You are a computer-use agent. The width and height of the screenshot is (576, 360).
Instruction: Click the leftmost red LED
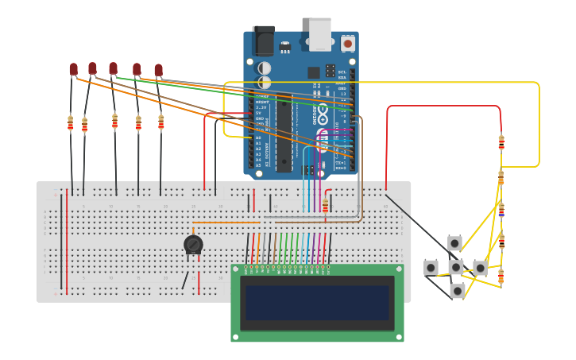pyautogui.click(x=73, y=70)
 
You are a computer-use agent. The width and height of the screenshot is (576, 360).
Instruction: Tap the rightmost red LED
pyautogui.click(x=159, y=71)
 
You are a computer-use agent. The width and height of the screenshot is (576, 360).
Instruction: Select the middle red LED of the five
pyautogui.click(x=113, y=68)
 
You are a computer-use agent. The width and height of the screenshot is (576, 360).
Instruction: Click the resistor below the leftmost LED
pyautogui.click(x=71, y=123)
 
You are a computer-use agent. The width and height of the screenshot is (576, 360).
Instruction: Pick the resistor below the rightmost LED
pyautogui.click(x=160, y=122)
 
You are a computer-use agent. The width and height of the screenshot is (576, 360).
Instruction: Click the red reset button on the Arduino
pyautogui.click(x=348, y=44)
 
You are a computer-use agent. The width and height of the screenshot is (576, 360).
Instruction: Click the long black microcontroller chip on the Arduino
pyautogui.click(x=284, y=137)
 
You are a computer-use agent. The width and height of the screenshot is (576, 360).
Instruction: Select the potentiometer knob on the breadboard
pyautogui.click(x=193, y=245)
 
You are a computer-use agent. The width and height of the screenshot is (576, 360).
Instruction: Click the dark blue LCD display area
pyautogui.click(x=317, y=303)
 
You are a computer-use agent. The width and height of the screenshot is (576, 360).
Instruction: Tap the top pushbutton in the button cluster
pyautogui.click(x=454, y=243)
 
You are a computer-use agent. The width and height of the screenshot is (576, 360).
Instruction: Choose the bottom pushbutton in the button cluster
pyautogui.click(x=457, y=291)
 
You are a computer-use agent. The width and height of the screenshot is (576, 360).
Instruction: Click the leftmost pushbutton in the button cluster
pyautogui.click(x=431, y=267)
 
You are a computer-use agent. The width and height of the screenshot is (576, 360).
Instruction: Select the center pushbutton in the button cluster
pyautogui.click(x=455, y=267)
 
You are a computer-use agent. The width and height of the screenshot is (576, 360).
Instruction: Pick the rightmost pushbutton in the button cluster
pyautogui.click(x=480, y=268)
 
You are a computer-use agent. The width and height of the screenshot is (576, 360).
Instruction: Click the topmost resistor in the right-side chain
pyautogui.click(x=501, y=142)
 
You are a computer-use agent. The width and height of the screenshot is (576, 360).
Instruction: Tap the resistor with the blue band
pyautogui.click(x=501, y=211)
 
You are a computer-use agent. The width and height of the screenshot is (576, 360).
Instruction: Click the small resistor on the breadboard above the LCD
pyautogui.click(x=325, y=206)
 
